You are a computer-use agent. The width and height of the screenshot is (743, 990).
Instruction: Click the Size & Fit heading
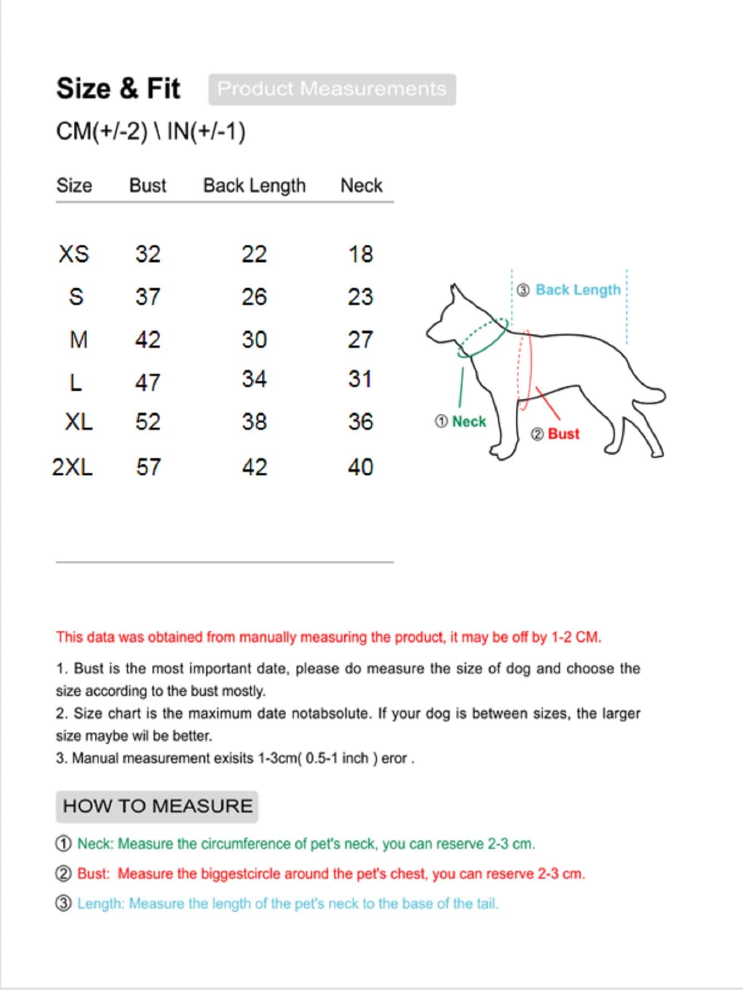(118, 89)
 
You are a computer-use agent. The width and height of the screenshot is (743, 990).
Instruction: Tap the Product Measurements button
(332, 89)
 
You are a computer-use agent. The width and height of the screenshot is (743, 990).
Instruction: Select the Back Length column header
(254, 185)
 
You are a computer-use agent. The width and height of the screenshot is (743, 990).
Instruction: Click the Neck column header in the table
(361, 185)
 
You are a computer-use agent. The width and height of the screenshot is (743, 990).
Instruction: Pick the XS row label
(74, 254)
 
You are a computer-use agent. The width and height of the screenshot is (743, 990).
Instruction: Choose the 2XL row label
(73, 467)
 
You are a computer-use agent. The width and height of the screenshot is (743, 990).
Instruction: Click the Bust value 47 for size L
(147, 382)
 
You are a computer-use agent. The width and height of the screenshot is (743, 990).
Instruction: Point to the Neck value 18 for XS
(360, 254)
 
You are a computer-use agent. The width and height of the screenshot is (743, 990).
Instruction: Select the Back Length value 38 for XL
(254, 422)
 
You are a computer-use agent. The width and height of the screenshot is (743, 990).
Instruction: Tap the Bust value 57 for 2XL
(148, 467)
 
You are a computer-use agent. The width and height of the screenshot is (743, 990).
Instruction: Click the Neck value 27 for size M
(360, 339)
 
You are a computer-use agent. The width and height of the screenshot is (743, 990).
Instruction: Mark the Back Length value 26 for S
(254, 297)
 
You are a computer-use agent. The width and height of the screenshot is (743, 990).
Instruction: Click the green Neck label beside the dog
(469, 422)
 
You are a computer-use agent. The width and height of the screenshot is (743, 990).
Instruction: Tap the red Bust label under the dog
(563, 434)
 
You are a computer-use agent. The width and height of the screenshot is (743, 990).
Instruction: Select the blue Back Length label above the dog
(578, 290)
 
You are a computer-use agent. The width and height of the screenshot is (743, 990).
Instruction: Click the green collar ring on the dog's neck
(482, 338)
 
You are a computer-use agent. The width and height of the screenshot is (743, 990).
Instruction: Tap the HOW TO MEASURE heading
(157, 806)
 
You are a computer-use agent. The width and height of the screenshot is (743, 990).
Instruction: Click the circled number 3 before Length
(64, 903)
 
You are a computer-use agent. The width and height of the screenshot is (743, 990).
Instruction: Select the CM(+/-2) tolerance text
(102, 131)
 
